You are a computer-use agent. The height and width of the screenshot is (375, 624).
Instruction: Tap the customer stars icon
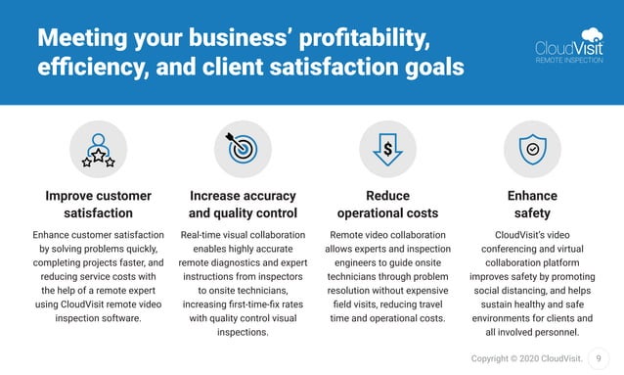[98, 150]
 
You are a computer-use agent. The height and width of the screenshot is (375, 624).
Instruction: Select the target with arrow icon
[243, 149]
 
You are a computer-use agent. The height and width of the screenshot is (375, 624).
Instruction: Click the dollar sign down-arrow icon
[387, 150]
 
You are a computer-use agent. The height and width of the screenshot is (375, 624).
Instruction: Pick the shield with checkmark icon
[532, 150]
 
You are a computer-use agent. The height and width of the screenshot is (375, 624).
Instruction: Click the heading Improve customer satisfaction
[98, 205]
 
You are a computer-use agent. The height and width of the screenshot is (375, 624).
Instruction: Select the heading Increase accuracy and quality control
[243, 205]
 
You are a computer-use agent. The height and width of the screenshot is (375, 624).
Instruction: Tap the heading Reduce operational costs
[387, 205]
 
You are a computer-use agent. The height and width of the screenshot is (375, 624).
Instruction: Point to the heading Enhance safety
[532, 205]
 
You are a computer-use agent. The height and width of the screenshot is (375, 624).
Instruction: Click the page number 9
[599, 359]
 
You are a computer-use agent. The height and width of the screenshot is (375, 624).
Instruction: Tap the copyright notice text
[525, 359]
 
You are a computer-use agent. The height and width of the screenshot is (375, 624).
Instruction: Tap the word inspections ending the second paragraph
[243, 332]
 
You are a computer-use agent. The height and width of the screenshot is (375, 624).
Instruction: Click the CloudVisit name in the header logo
[562, 46]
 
